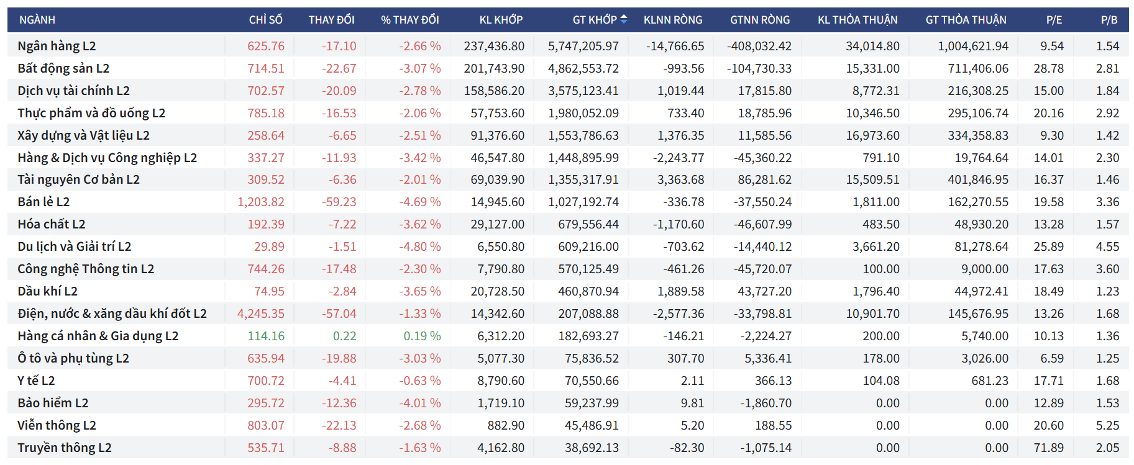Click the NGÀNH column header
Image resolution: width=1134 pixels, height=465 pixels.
coord(37,20)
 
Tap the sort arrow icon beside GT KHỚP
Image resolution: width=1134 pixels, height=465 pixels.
coord(624,19)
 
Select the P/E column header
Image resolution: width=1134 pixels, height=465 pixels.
coord(1054,20)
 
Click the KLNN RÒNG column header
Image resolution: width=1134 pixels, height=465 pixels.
coord(673,20)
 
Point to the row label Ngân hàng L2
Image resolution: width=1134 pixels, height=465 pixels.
coord(57,46)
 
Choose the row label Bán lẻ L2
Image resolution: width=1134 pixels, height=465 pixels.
coord(43,202)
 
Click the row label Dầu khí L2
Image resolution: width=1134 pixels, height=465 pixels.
coord(47,291)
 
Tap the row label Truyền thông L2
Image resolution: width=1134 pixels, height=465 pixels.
coord(65,448)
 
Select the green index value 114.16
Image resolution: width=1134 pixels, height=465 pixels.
coord(266,336)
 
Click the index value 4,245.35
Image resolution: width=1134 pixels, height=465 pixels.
coord(261,314)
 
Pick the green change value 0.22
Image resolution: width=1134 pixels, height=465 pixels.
coord(344,336)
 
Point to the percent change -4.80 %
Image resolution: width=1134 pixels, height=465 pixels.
coord(419,246)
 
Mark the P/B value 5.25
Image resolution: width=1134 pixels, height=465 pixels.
coord(1107,425)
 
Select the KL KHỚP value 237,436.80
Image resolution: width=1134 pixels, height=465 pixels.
coord(494,46)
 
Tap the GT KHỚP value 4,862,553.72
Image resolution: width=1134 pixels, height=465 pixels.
coord(583,68)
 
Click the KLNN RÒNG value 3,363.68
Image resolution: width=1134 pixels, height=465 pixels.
coord(680,179)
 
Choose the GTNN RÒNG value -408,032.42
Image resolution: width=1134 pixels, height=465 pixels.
coord(759,46)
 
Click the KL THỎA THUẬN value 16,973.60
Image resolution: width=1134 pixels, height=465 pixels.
coord(872,135)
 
